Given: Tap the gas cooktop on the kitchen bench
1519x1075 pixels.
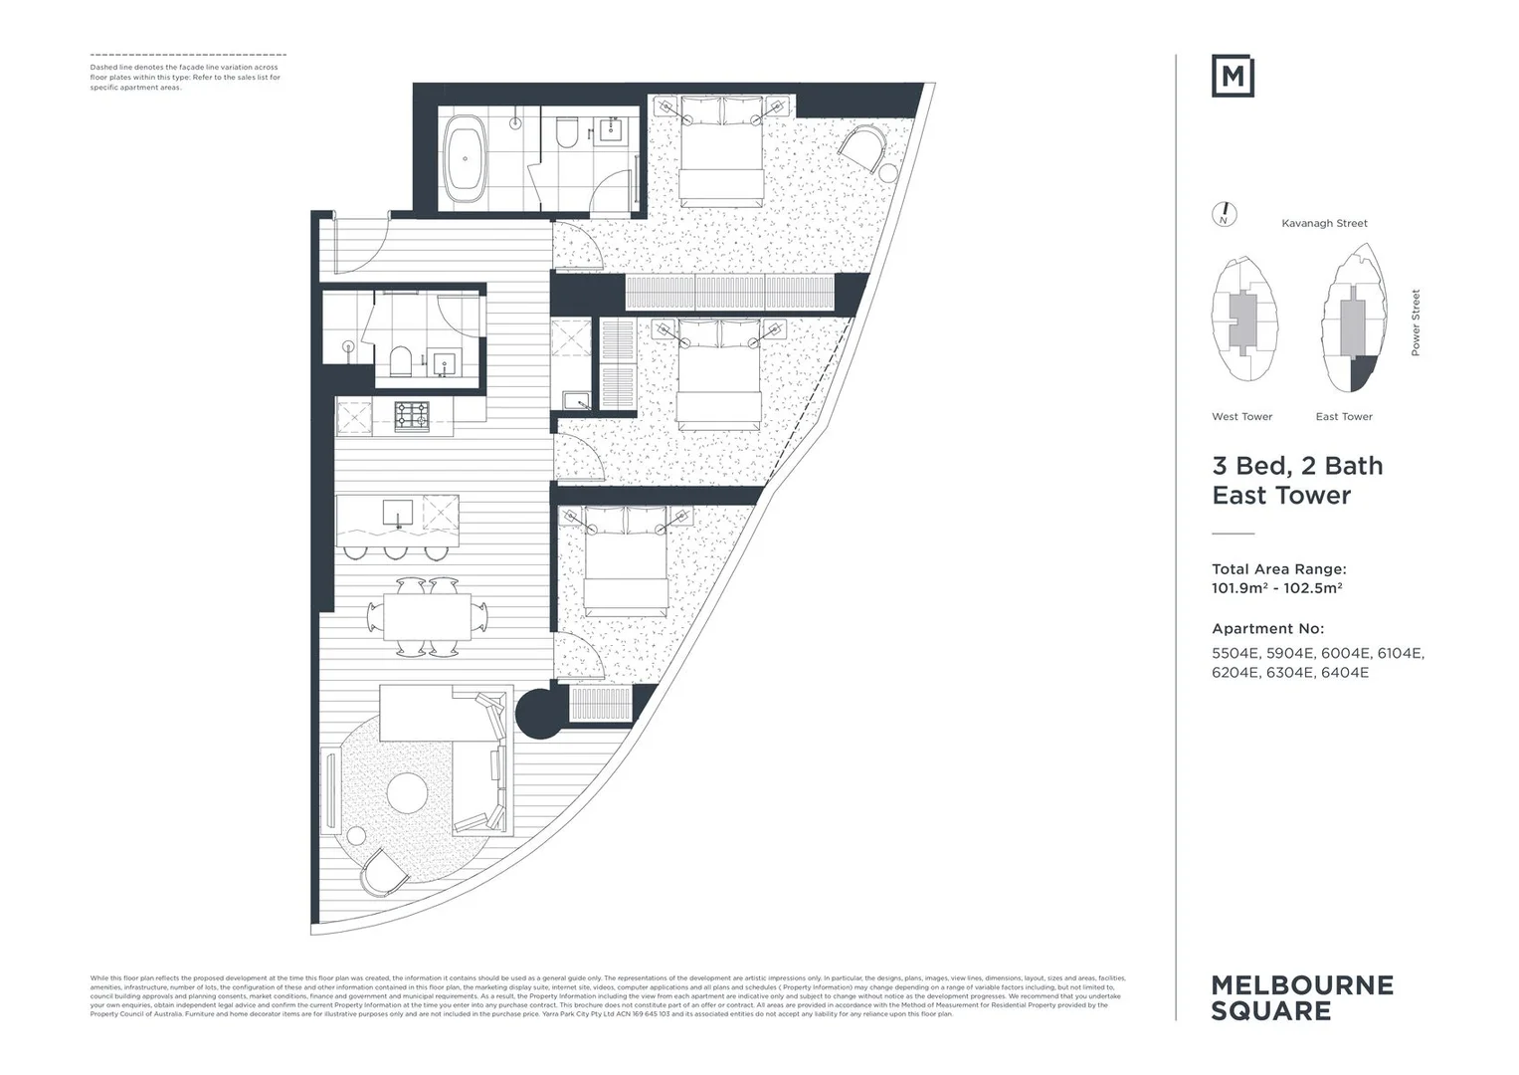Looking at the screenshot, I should pos(411,415).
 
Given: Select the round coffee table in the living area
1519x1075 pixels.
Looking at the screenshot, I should pos(407,795).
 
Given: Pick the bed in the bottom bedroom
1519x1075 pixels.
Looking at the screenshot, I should pos(626,562).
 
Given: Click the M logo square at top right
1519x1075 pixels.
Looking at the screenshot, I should pos(1233,77).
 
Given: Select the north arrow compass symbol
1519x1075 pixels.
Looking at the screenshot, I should pos(1225,214).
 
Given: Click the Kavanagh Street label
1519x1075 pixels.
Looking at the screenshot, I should pos(1324,224).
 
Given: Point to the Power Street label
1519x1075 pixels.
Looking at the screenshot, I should pos(1416,322).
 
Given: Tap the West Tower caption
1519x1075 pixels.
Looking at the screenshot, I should pos(1241,417).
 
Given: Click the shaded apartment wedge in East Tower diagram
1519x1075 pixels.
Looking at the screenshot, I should pos(1362,374).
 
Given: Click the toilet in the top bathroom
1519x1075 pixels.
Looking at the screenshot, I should pos(567,132).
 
